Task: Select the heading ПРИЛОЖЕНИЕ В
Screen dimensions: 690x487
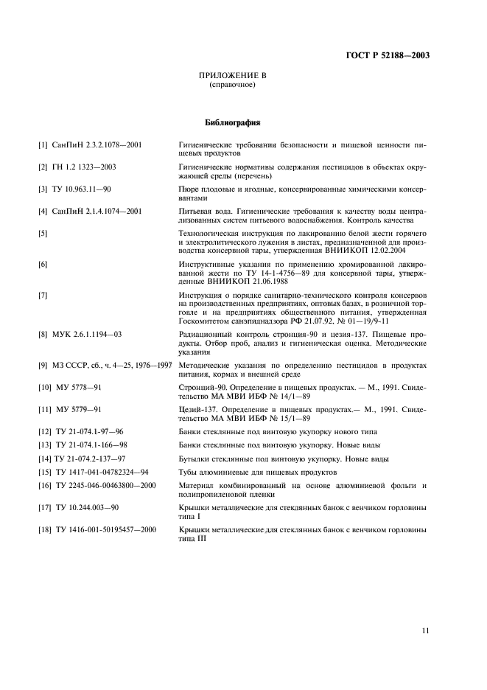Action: pos(232,76)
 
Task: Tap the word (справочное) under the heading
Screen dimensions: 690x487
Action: pos(233,85)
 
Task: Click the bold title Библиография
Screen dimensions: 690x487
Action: pos(232,122)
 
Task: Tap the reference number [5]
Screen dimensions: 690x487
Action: pos(43,234)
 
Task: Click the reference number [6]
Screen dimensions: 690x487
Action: pos(43,264)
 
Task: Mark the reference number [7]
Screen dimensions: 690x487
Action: pos(43,294)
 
